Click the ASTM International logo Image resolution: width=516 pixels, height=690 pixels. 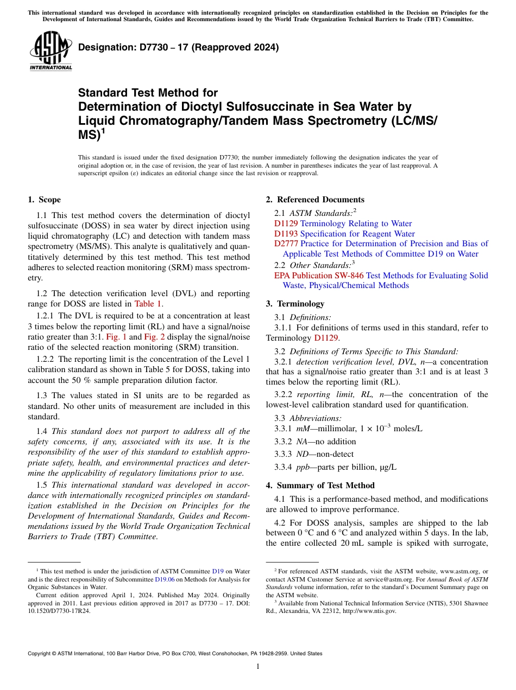point(51,52)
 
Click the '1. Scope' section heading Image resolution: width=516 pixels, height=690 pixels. point(45,200)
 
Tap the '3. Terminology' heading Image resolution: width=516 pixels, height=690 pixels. point(300,304)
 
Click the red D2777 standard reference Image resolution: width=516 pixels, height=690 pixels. point(286,244)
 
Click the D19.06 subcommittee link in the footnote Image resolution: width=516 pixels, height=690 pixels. point(163,579)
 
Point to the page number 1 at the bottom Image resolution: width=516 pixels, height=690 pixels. point(258,666)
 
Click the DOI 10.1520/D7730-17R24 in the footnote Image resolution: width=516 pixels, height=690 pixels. point(59,610)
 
